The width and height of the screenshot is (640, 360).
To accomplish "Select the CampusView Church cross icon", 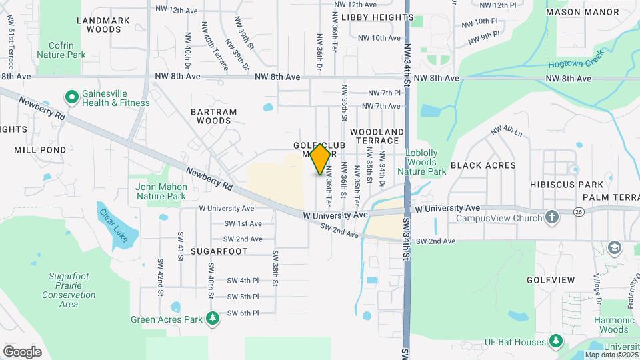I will click(x=551, y=217).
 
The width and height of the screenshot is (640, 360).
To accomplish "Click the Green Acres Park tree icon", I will click(x=213, y=319).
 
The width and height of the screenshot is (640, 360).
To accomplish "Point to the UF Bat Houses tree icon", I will click(x=555, y=343).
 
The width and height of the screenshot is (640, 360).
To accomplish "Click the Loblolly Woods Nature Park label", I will click(x=422, y=162).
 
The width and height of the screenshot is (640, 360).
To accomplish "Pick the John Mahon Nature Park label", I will click(x=161, y=191).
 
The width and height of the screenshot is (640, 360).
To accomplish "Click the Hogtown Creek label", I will click(x=576, y=59).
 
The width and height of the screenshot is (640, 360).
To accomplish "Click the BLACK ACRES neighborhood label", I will click(x=483, y=165).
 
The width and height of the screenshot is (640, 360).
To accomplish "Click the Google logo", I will click(x=22, y=351).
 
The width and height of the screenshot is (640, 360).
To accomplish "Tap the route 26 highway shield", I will click(x=579, y=211).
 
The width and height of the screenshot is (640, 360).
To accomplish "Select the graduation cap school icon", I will click(x=614, y=249).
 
